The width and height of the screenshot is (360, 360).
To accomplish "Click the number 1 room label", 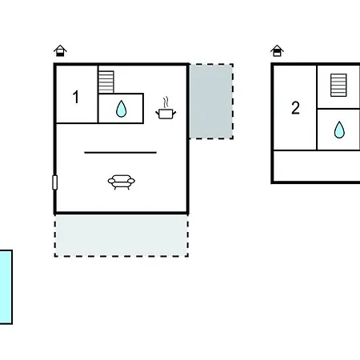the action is pos(76,97).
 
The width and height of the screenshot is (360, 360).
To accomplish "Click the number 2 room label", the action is pos(295,108).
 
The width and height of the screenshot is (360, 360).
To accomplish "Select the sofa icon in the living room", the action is pos(122,182).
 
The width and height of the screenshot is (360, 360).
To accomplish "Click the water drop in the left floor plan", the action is pos(122,109).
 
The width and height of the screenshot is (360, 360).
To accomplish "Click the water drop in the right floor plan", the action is pos(339,130).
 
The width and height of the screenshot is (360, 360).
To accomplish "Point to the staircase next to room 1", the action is pos(106,82).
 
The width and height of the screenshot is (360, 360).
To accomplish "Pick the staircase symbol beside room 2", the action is pos(338,85).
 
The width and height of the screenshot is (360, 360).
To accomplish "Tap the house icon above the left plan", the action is pos(60,50).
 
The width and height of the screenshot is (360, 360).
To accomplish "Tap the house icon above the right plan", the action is pos(277,50).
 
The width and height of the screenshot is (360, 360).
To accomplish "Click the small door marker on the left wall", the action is pos(54,182).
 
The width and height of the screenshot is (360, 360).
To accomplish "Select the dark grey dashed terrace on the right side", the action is pos(211,101).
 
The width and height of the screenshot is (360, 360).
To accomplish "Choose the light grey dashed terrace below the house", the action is pos(122,235).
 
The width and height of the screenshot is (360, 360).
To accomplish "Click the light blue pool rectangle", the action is pos(6,287).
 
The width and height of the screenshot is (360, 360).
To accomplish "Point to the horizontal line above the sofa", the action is pos(120,153).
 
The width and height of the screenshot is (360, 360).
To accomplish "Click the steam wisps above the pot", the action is pos(166,102).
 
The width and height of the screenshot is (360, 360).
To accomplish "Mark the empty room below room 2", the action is pos(317,166).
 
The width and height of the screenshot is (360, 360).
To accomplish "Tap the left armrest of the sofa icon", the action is pos(111,181).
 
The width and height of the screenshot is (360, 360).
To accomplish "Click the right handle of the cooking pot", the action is pos(174,114).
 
